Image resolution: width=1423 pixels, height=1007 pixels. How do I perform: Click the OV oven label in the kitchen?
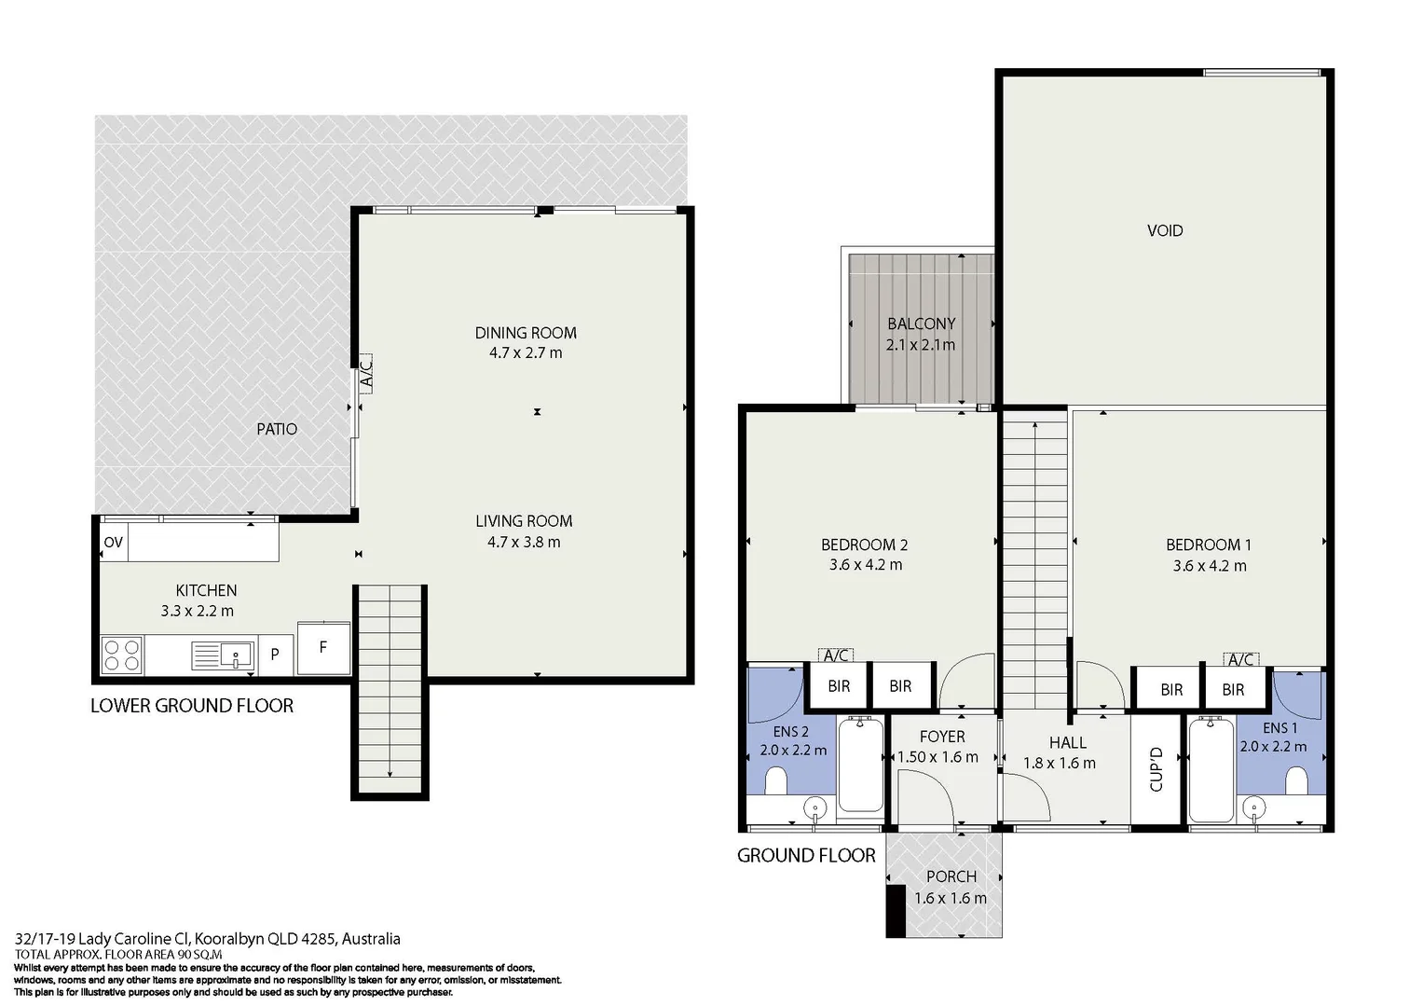pos(113,543)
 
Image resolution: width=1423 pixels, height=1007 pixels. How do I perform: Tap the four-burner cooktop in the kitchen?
pos(122,655)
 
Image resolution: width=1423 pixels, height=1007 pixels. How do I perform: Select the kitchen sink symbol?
pos(223,655)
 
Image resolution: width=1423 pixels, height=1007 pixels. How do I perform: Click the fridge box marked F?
pos(323,648)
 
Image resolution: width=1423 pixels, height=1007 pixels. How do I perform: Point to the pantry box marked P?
pos(275,655)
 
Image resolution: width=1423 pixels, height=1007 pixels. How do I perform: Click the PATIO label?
pos(277,429)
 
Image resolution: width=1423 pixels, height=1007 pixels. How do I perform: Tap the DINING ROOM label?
pos(526,333)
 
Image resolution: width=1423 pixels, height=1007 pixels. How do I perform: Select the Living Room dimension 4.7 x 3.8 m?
pos(524,543)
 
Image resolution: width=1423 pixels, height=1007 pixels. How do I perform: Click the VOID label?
pos(1165,230)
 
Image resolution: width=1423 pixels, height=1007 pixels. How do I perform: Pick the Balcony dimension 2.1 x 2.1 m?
pos(921,345)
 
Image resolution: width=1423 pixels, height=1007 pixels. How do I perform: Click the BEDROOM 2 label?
pos(865,545)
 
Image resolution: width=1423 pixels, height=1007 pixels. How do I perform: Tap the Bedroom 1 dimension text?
pos(1210,565)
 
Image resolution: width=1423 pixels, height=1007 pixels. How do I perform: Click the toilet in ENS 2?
pos(775,780)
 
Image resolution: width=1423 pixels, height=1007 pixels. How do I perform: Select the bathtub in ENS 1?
pos(1211,768)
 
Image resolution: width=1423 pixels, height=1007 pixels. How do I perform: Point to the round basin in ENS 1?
pos(1254,808)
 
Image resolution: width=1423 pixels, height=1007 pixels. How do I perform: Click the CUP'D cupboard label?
pos(1156,769)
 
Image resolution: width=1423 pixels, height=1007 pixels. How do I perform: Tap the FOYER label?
pos(942,737)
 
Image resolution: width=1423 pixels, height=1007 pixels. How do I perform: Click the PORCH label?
pos(951,876)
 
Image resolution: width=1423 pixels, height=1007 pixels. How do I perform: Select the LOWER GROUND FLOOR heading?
pos(192,706)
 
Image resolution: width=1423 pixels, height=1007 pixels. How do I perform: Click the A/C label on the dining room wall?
pos(365,374)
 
